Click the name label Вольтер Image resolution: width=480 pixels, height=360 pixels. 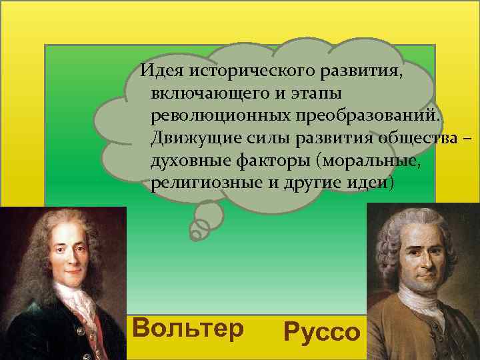189,328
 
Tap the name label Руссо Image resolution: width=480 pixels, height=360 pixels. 321,331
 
